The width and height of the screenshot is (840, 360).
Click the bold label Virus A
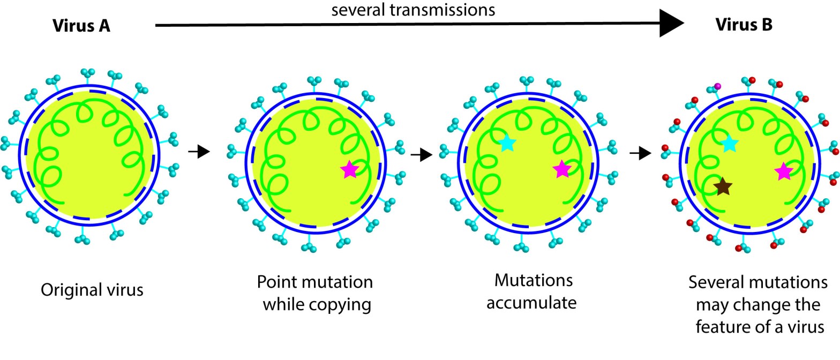81,25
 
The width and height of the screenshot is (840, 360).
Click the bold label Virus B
744,25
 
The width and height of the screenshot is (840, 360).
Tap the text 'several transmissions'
413,10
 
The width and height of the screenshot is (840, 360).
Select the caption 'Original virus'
92,290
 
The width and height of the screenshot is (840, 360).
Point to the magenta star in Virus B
783,171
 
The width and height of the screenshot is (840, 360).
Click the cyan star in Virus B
729,143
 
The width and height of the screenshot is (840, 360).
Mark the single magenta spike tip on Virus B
718,86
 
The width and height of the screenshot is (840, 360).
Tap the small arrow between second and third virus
421,155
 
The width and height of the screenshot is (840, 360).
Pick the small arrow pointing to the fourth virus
640,154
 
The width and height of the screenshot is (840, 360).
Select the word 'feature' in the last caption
719,327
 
